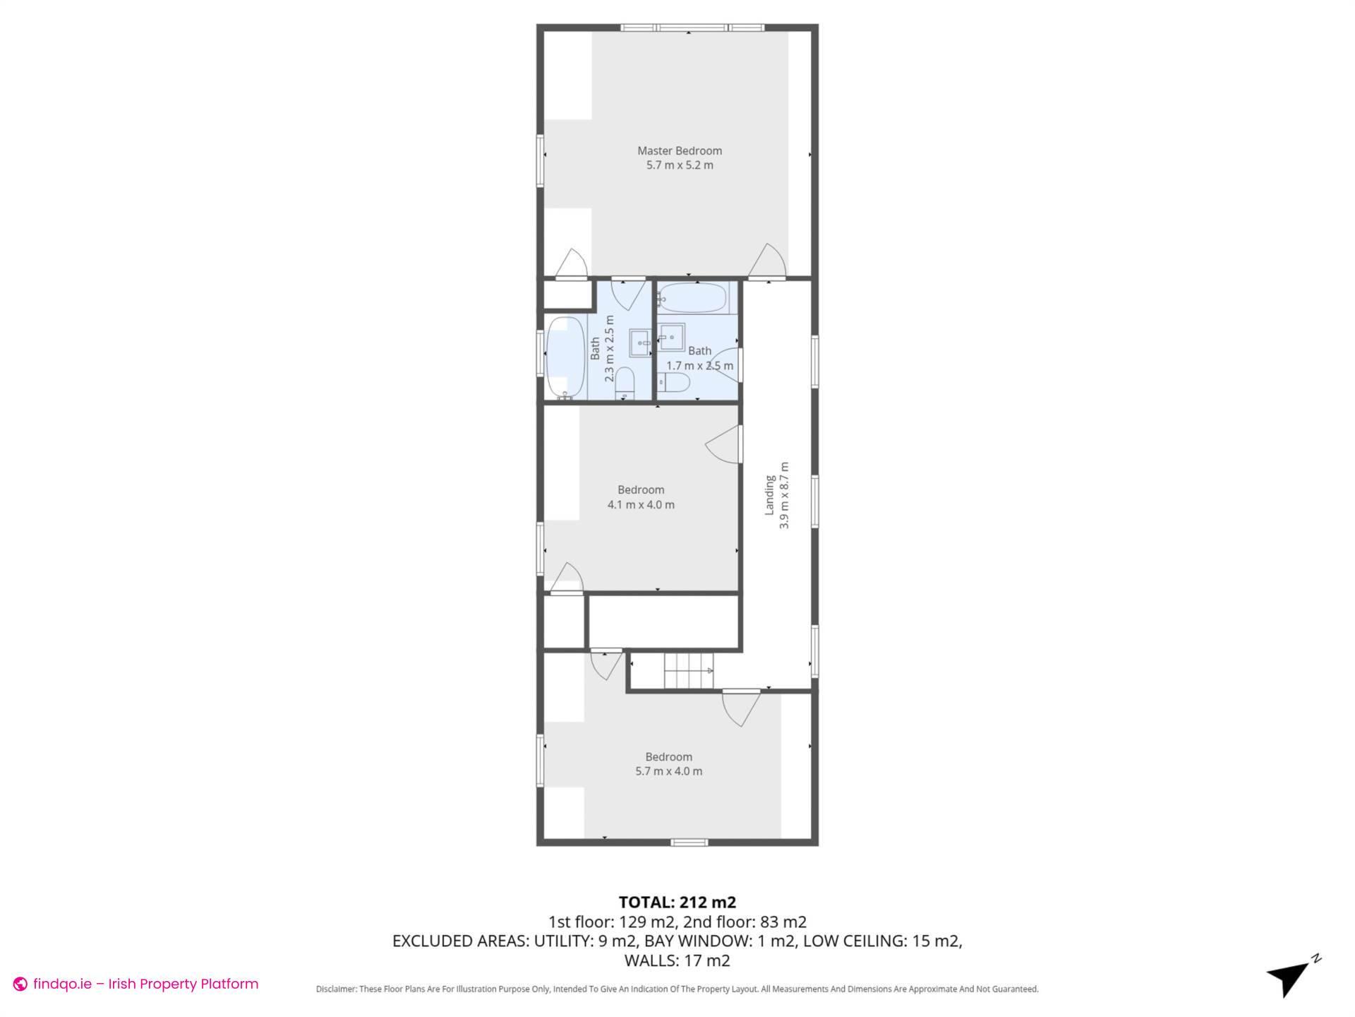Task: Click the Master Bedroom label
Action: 679,150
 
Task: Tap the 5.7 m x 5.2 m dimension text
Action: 679,165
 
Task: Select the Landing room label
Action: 770,494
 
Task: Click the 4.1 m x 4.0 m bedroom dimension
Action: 640,505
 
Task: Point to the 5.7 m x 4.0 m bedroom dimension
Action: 668,771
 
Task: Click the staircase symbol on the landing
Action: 688,670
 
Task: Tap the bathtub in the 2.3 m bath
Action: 565,357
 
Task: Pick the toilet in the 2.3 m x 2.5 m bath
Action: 625,382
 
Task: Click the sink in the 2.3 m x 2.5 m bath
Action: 641,343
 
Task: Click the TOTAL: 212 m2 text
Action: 677,902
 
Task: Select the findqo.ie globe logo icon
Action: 20,984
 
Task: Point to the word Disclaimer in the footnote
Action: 336,989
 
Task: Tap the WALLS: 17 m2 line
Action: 677,961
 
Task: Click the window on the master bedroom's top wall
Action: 692,28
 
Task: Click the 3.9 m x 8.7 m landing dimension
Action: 784,494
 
